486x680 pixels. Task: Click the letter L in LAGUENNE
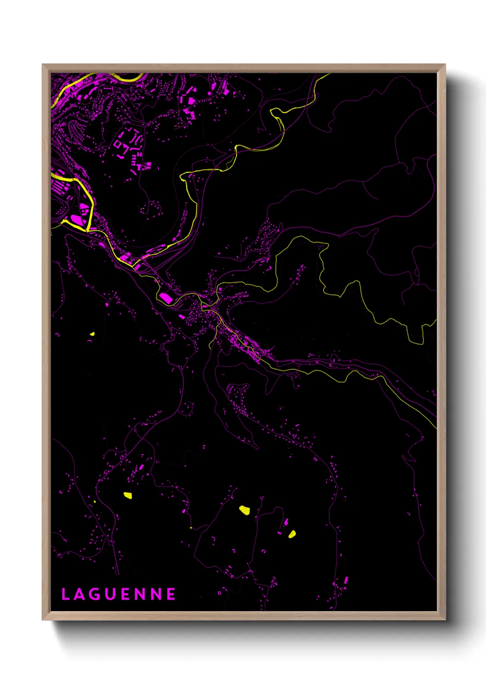pyautogui.click(x=65, y=594)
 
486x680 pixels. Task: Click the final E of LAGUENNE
pyautogui.click(x=171, y=594)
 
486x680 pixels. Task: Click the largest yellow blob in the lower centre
pyautogui.click(x=244, y=510)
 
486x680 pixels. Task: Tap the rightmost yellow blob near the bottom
pyautogui.click(x=292, y=534)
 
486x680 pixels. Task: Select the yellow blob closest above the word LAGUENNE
pyautogui.click(x=127, y=495)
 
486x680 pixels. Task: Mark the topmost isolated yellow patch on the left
pyautogui.click(x=92, y=334)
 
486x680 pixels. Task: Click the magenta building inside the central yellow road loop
pyautogui.click(x=166, y=299)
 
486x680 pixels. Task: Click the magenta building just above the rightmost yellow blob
pyautogui.click(x=286, y=522)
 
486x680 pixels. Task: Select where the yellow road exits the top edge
pyautogui.click(x=328, y=74)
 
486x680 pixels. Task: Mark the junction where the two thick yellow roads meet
pyautogui.click(x=87, y=228)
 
